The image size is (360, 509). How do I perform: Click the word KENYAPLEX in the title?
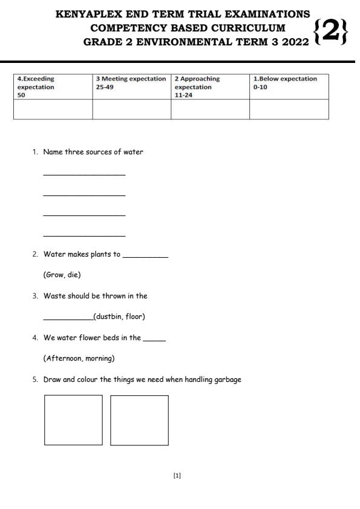85,14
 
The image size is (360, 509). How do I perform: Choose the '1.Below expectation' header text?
285,79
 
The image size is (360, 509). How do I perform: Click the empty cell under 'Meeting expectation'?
131,110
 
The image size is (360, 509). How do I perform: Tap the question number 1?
35,152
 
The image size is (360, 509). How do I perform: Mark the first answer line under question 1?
84,175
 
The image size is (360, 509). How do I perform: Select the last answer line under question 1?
84,235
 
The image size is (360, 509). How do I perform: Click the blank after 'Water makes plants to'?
145,257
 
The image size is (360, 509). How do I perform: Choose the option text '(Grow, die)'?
62,275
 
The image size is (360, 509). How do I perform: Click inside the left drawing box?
73,420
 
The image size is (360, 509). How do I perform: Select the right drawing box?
139,420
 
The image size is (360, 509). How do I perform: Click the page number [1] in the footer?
177,476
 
